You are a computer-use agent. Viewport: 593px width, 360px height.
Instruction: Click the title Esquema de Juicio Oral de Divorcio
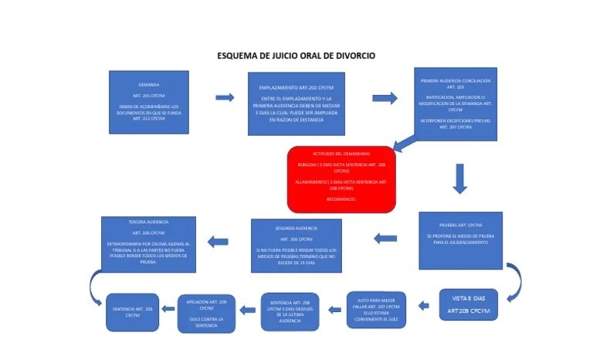point(296,56)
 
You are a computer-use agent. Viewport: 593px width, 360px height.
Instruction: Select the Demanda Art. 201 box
point(149,102)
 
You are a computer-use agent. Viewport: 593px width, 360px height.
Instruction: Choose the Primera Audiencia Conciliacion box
point(455,104)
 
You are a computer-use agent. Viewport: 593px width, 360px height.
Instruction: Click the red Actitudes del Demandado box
point(341,178)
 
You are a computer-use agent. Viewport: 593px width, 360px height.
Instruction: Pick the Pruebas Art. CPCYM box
point(460,239)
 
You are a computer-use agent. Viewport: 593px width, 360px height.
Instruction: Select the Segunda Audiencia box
point(296,245)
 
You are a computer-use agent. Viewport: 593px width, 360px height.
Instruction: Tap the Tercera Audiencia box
point(148,243)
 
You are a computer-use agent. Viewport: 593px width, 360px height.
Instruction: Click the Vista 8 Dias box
point(468,304)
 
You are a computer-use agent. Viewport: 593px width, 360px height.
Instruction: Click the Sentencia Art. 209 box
point(132,312)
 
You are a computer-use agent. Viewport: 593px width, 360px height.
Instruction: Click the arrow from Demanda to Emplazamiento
point(225,97)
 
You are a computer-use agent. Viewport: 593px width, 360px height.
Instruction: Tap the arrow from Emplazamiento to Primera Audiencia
point(384,98)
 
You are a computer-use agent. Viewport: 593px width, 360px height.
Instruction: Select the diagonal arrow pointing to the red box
point(404,143)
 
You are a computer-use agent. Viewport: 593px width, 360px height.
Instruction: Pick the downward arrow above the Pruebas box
point(459,178)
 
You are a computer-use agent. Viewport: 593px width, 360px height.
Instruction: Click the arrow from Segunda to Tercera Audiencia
point(217,242)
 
